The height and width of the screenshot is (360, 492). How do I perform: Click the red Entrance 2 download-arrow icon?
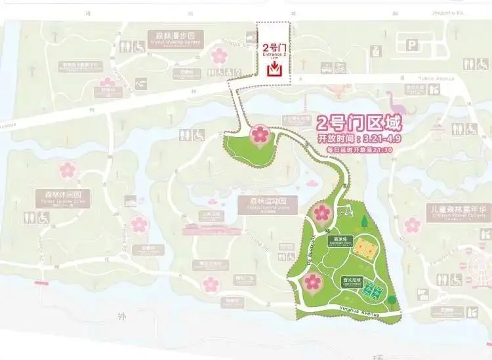(275, 68)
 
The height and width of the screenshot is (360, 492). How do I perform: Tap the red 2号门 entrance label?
(274, 47)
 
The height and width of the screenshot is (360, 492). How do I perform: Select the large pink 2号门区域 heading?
(358, 123)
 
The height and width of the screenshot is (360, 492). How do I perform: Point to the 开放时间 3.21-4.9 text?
(359, 139)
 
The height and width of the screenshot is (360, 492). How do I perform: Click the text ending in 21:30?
(359, 150)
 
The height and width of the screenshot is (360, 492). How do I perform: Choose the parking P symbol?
(412, 45)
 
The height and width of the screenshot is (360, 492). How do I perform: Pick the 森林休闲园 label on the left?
(64, 197)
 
